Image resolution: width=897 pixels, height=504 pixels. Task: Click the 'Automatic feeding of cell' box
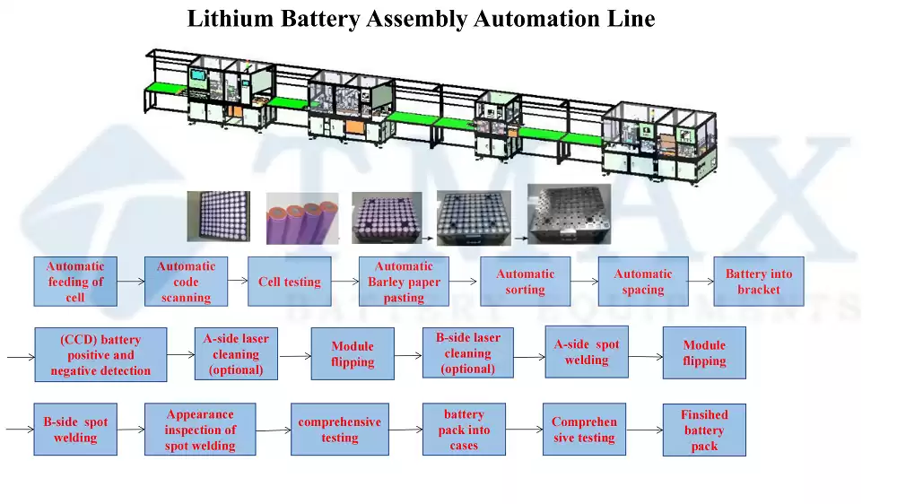[x=75, y=282]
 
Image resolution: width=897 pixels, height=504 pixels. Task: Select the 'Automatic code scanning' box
[x=186, y=282]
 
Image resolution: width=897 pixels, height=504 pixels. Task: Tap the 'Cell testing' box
[x=290, y=282]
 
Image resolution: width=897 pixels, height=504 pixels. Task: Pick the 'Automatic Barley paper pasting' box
[x=404, y=282]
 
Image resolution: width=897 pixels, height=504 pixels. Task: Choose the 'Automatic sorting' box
[x=525, y=282]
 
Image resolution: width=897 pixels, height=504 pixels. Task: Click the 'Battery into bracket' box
[x=759, y=282]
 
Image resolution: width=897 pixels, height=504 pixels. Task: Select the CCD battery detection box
[x=100, y=355]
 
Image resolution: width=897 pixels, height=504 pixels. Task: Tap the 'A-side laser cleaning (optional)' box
[x=236, y=353]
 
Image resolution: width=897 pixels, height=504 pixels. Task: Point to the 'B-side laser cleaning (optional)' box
[x=468, y=353]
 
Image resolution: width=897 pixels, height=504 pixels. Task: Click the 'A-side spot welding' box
[x=587, y=352]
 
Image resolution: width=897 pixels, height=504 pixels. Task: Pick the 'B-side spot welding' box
[x=75, y=429]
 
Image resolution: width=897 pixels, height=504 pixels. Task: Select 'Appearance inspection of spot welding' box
[x=200, y=429]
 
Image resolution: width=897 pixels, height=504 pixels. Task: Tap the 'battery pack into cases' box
[x=464, y=429]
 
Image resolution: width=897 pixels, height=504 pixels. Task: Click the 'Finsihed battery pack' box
[x=704, y=430]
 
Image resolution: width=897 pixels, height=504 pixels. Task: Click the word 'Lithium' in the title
[x=231, y=19]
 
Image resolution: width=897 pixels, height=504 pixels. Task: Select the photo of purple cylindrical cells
[x=302, y=219]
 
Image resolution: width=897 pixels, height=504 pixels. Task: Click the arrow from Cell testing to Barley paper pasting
[x=345, y=281]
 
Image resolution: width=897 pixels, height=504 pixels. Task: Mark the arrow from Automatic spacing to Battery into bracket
[x=701, y=281]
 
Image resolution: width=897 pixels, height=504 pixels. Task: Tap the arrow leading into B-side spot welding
[x=20, y=429]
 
